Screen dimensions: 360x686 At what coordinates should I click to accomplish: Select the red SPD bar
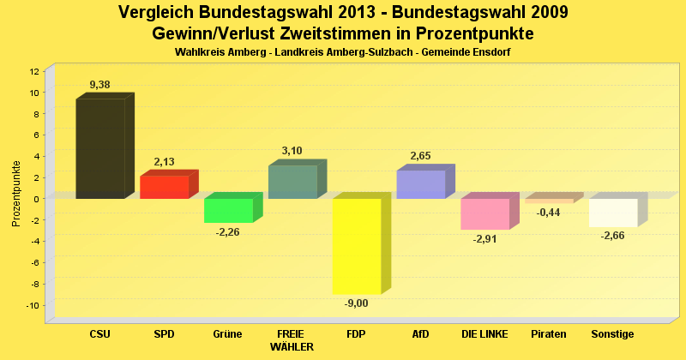pyautogui.click(x=164, y=187)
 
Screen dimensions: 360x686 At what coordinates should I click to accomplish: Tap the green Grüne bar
pyautogui.click(x=228, y=210)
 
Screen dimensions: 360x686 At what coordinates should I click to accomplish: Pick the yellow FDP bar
pyautogui.click(x=357, y=246)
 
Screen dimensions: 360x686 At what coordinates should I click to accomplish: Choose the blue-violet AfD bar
pyautogui.click(x=420, y=184)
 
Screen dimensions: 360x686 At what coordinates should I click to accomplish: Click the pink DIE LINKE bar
pyautogui.click(x=484, y=213)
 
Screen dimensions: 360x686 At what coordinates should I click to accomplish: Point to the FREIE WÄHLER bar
pyautogui.click(x=292, y=182)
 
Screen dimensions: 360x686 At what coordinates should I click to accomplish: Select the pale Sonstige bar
pyautogui.click(x=613, y=213)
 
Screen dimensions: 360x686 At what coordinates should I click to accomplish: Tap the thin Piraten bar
pyautogui.click(x=549, y=201)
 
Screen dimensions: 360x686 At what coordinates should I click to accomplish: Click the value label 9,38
pyautogui.click(x=100, y=85)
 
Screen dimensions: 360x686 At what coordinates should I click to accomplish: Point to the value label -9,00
pyautogui.click(x=357, y=303)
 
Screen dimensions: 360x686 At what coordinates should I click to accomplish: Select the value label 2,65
pyautogui.click(x=420, y=156)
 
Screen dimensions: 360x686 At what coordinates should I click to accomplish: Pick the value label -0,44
pyautogui.click(x=549, y=213)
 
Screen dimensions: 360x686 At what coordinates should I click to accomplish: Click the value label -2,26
pyautogui.click(x=228, y=232)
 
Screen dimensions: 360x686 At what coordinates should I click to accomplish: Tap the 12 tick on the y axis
pyautogui.click(x=34, y=71)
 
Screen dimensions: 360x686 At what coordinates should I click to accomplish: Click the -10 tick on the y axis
pyautogui.click(x=33, y=305)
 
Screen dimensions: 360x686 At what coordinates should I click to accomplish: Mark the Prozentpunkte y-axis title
pyautogui.click(x=16, y=194)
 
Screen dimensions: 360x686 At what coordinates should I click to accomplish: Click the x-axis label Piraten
pyautogui.click(x=549, y=334)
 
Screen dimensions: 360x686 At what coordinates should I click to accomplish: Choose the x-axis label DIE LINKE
pyautogui.click(x=484, y=334)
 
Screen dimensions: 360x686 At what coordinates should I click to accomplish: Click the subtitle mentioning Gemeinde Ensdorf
pyautogui.click(x=343, y=53)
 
